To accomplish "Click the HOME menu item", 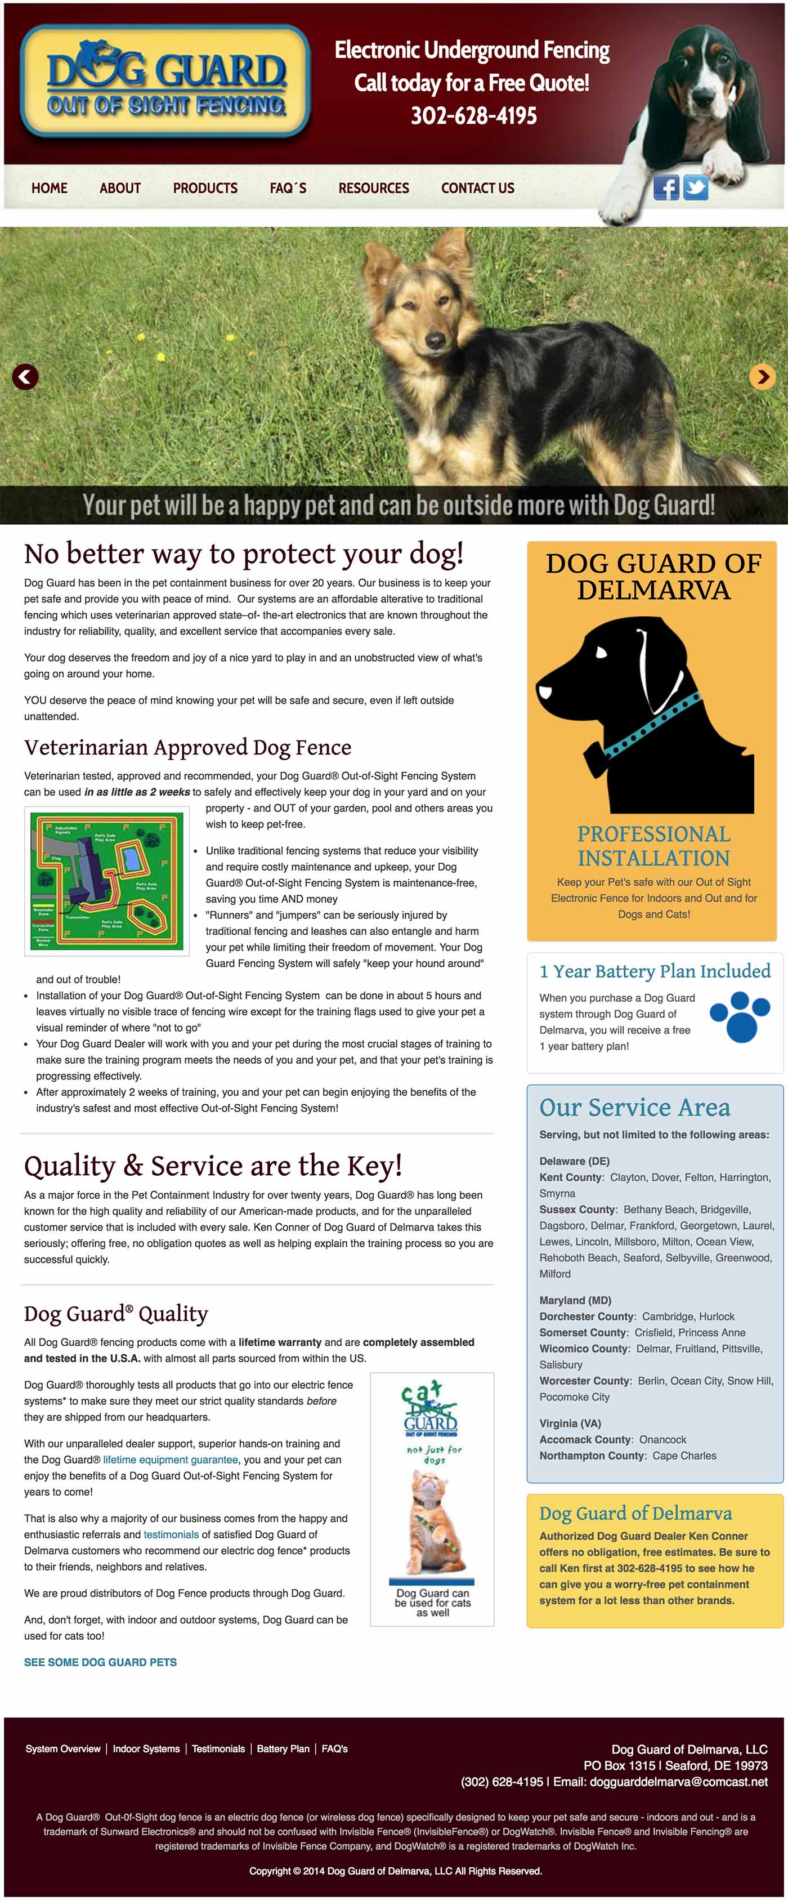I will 50,188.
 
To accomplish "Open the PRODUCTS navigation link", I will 205,188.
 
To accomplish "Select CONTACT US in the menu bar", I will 477,188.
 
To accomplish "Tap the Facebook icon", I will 666,188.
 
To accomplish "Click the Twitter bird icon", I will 696,188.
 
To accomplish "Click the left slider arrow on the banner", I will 25,377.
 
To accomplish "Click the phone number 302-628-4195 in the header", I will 474,116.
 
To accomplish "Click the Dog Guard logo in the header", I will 165,82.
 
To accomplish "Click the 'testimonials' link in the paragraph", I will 171,1534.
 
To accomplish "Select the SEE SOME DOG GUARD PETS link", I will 100,1662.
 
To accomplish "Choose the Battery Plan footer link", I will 283,1748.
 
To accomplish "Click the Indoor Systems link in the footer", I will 146,1748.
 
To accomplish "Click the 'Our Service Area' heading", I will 634,1107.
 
